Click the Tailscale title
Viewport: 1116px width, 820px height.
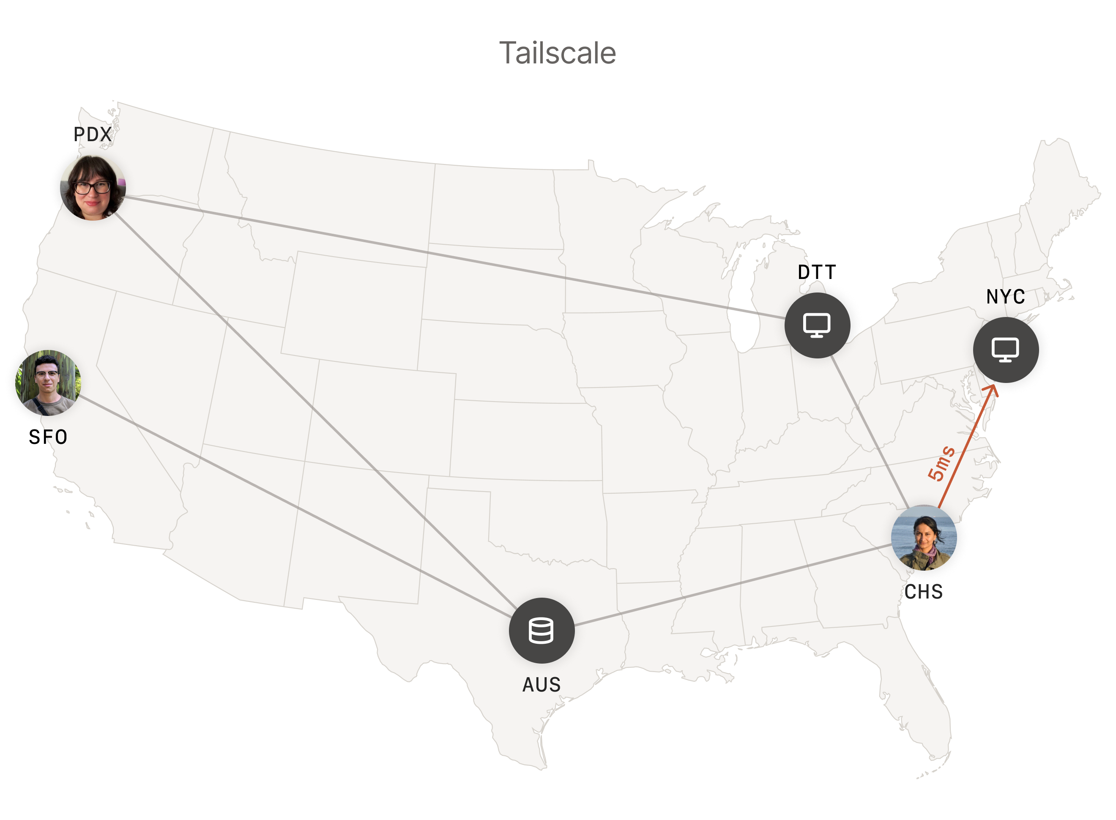[557, 53]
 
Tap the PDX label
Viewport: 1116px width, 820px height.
[92, 134]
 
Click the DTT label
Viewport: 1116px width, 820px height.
[817, 272]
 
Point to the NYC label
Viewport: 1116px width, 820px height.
[1005, 297]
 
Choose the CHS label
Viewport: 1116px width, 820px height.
[923, 592]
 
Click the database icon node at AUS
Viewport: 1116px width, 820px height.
[542, 630]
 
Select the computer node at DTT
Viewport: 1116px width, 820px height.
[817, 325]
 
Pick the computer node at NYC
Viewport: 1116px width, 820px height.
[1005, 350]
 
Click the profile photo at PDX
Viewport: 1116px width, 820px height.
[93, 188]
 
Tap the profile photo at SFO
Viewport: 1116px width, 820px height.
[48, 382]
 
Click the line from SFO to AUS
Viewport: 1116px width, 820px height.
[298, 506]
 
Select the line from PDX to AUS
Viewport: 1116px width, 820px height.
[318, 412]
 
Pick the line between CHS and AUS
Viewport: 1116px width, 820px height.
[735, 585]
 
